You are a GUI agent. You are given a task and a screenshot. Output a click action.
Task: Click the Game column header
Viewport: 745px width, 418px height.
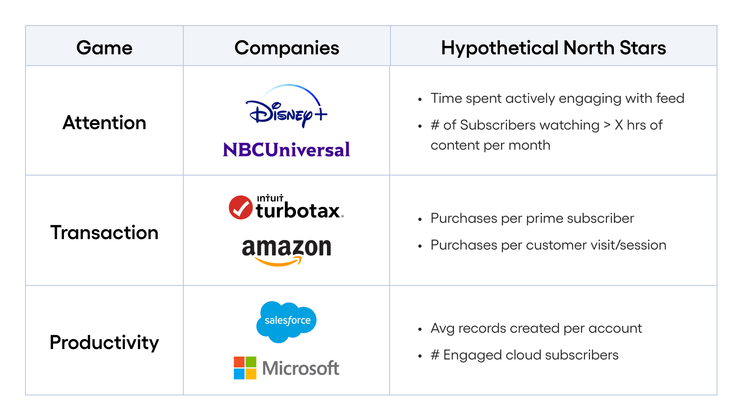104,48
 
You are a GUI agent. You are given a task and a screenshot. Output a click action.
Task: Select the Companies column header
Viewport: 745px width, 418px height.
286,48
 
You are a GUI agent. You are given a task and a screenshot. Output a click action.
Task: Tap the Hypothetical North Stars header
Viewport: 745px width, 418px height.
553,48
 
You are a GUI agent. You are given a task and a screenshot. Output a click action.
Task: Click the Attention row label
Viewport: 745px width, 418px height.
104,123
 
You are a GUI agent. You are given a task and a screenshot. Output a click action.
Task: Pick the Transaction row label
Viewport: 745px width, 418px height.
104,232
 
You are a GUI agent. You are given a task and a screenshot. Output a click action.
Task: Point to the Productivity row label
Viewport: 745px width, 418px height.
104,342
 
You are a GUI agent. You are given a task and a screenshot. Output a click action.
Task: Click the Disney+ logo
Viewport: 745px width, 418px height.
286,107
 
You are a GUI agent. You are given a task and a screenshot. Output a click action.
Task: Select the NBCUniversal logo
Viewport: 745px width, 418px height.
286,150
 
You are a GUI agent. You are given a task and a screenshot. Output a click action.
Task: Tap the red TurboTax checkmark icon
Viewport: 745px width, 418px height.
241,207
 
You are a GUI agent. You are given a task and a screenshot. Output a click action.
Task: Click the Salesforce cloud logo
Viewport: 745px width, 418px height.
286,321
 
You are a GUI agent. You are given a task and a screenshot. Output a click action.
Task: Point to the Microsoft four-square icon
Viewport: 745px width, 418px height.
245,368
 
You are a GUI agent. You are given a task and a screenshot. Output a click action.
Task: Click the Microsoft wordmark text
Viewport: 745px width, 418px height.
301,368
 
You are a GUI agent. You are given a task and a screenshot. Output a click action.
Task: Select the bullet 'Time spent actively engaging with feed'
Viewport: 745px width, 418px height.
557,98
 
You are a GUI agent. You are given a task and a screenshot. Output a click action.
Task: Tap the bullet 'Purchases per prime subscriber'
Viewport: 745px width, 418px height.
532,218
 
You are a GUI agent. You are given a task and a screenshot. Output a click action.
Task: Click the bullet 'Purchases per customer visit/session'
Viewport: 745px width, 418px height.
548,245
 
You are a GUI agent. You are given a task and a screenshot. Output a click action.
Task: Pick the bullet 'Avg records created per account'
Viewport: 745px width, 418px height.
536,328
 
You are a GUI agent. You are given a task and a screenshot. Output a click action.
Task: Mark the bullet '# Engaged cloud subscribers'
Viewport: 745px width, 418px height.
525,355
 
